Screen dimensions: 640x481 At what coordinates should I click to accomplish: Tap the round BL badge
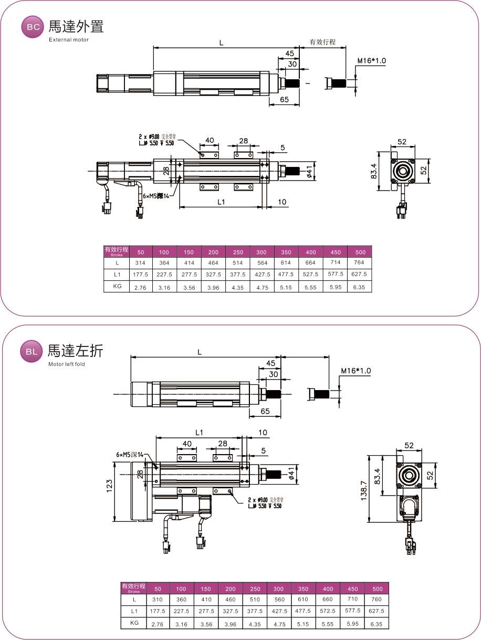point(32,352)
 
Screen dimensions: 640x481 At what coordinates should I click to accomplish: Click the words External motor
point(69,40)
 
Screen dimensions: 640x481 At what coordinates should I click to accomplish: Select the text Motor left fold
point(67,364)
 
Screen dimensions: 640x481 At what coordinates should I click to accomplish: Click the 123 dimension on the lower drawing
point(109,491)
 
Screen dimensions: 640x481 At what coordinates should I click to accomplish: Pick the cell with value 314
point(140,263)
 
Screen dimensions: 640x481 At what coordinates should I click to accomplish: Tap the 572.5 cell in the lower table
point(328,611)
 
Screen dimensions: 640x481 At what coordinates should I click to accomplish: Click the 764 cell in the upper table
point(360,263)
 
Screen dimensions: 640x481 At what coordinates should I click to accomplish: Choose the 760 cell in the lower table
point(377,600)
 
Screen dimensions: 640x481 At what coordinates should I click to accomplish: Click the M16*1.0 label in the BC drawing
point(371,61)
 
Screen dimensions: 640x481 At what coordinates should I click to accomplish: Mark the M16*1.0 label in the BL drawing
point(355,371)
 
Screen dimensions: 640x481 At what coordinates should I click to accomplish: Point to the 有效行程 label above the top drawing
point(322,42)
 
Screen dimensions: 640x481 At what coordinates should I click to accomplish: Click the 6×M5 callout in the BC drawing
point(156,196)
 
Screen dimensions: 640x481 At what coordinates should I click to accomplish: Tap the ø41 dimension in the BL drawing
point(291,475)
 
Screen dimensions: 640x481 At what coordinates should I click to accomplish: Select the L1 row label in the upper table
point(117,274)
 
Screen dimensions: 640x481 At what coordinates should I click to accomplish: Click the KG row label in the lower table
point(133,623)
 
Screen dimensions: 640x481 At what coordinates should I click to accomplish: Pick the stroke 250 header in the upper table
point(238,252)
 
